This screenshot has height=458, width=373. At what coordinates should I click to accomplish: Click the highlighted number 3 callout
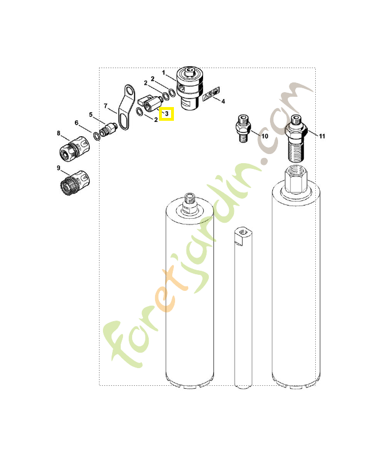click(x=166, y=113)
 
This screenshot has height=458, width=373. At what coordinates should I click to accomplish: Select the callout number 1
click(x=164, y=73)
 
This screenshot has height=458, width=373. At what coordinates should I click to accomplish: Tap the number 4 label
click(x=223, y=101)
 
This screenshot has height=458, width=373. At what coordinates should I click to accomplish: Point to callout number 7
click(x=105, y=105)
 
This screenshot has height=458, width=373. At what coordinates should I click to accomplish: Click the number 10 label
click(x=264, y=136)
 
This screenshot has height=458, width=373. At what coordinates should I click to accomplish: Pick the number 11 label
click(x=322, y=136)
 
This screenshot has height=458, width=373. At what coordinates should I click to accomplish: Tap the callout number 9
click(x=58, y=167)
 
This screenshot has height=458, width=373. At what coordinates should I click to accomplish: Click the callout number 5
click(x=90, y=114)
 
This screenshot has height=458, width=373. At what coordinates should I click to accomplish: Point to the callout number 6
click(x=77, y=123)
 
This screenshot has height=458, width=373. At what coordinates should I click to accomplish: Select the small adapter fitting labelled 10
click(x=243, y=130)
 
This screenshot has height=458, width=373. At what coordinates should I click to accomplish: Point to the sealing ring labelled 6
click(x=96, y=135)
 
